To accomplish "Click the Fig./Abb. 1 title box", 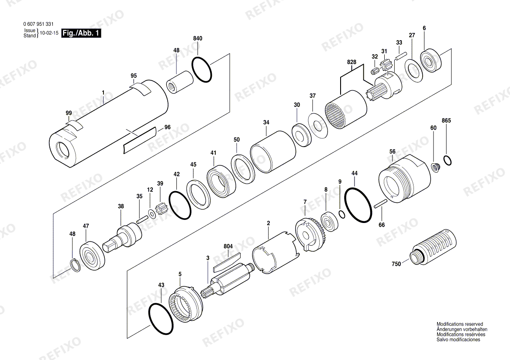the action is pyautogui.click(x=81, y=33).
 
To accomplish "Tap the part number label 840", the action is pyautogui.click(x=197, y=38).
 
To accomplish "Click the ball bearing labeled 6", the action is pyautogui.click(x=431, y=60).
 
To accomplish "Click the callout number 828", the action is pyautogui.click(x=351, y=62).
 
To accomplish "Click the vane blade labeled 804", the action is pyautogui.click(x=227, y=259).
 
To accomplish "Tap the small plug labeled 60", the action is pyautogui.click(x=435, y=167).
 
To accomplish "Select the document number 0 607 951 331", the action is pyautogui.click(x=39, y=24).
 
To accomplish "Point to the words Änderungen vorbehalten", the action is pyautogui.click(x=462, y=329).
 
